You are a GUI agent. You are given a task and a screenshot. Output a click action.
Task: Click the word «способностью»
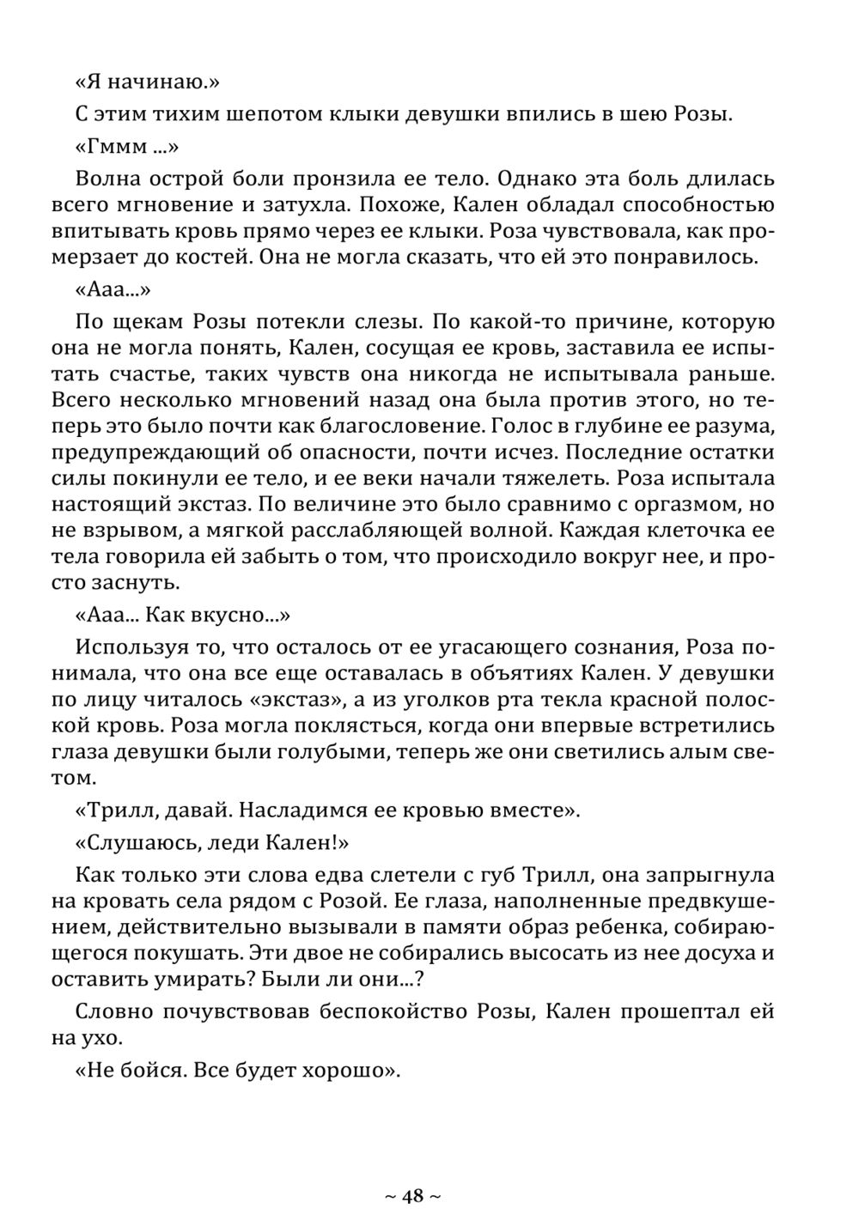[697, 206]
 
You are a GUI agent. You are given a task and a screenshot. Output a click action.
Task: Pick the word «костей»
[213, 258]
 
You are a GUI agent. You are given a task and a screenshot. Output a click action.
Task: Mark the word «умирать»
[172, 980]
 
